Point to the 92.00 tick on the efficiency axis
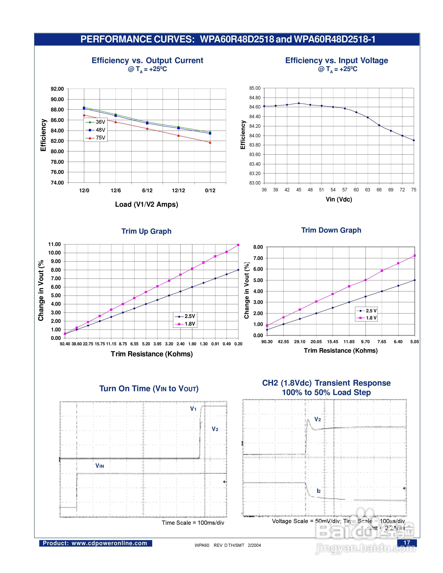(x=57, y=89)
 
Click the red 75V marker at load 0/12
(x=210, y=143)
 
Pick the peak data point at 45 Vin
(x=299, y=103)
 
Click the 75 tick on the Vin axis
(x=414, y=190)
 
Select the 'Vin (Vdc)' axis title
(x=339, y=199)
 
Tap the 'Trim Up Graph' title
(x=146, y=231)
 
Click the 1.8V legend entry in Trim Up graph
(x=186, y=324)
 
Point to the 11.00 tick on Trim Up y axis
(x=54, y=244)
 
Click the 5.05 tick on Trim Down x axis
(x=415, y=342)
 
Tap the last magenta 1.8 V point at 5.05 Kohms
(x=415, y=256)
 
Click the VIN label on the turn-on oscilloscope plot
(x=100, y=466)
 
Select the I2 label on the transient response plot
(x=319, y=491)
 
